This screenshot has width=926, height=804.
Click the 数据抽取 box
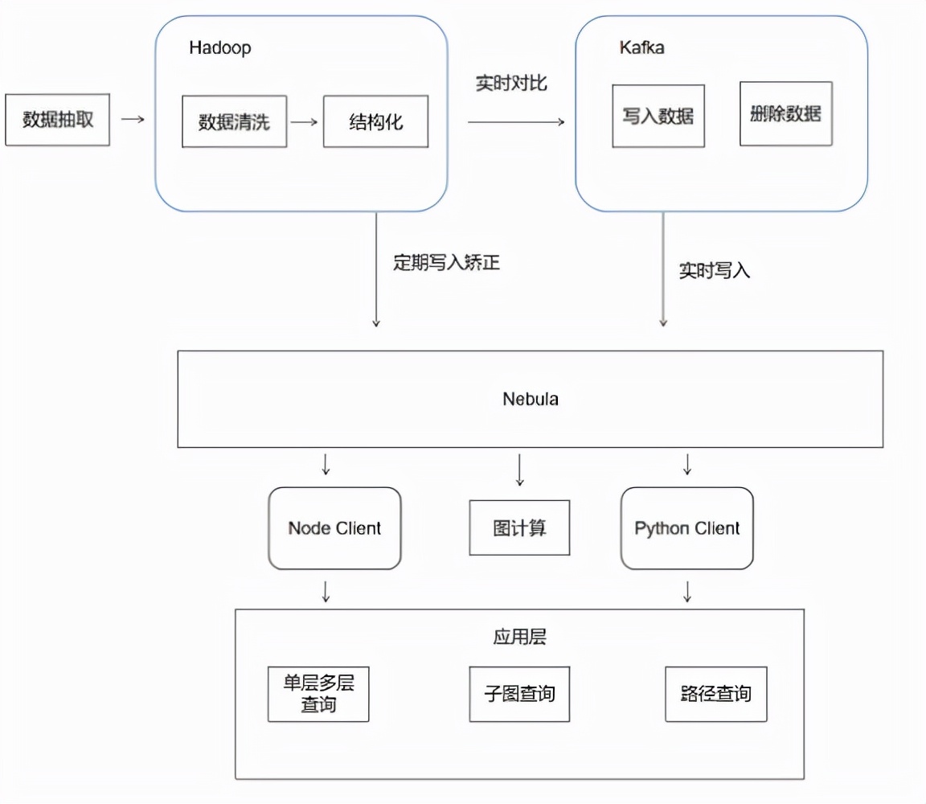(57, 120)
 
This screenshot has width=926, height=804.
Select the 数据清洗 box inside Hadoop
(234, 122)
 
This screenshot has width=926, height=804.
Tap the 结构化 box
(375, 122)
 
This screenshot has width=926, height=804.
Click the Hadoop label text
(220, 47)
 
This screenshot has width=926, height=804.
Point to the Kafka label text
(642, 47)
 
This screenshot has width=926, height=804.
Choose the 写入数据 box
(658, 117)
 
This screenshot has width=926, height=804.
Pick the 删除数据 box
(786, 113)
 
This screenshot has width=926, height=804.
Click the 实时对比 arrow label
(511, 83)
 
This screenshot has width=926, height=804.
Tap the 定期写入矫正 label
(446, 263)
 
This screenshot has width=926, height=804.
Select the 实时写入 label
(715, 271)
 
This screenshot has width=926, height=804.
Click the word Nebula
(531, 399)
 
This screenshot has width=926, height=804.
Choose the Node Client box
(334, 528)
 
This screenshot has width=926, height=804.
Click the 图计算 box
(519, 528)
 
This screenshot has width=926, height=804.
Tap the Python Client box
(687, 528)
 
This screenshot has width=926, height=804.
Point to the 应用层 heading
(519, 638)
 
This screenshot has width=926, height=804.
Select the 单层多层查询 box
(318, 694)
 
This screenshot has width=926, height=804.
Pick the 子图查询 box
(519, 694)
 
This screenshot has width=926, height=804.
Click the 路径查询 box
(716, 694)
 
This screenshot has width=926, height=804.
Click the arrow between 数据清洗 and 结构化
(304, 122)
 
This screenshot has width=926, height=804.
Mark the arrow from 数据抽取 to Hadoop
(133, 120)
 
